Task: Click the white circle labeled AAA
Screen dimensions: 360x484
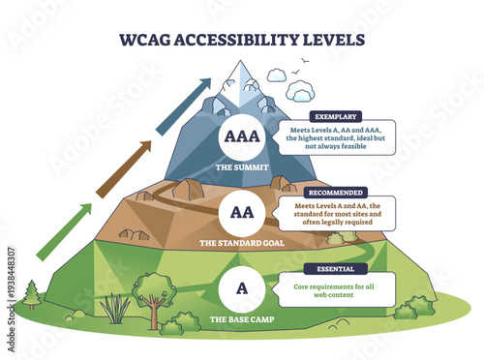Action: (241, 136)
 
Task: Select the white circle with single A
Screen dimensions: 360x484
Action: (241, 286)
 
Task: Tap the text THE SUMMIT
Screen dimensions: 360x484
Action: (241, 165)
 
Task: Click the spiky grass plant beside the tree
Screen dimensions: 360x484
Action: (116, 309)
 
